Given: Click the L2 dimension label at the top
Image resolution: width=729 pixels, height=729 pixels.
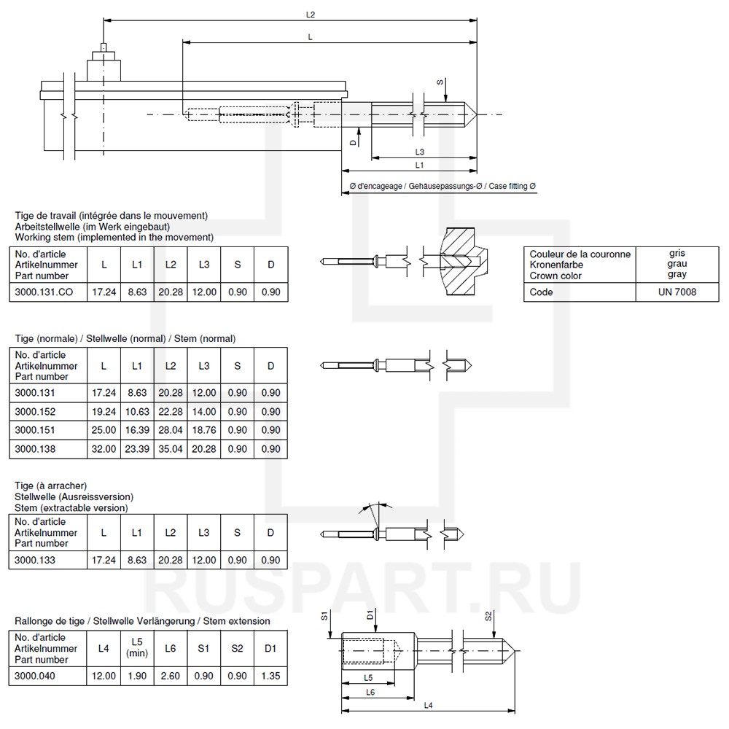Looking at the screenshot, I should (311, 15).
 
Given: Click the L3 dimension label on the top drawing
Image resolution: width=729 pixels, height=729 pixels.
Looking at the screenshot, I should (420, 152).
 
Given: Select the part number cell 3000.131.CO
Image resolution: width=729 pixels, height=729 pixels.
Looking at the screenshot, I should (45, 292).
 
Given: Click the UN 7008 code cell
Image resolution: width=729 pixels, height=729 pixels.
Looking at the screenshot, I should (677, 292).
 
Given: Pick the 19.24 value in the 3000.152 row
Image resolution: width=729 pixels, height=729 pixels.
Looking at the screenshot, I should (104, 410).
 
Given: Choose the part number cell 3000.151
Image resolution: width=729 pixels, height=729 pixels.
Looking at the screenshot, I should (35, 429).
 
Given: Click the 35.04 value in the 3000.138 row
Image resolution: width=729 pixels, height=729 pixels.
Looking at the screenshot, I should (171, 448).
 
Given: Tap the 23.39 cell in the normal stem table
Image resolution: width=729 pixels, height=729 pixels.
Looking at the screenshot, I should (137, 448).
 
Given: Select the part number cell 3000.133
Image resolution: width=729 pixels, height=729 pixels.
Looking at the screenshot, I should (35, 560).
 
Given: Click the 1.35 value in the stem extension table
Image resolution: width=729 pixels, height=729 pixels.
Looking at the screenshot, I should (270, 676).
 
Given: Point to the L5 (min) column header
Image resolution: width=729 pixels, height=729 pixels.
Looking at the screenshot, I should (137, 648).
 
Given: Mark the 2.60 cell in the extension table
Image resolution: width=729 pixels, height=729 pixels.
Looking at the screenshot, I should (171, 676).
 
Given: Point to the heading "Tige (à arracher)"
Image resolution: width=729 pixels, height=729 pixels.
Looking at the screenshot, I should (51, 486).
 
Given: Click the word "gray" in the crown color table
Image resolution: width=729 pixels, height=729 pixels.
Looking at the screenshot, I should (677, 275).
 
